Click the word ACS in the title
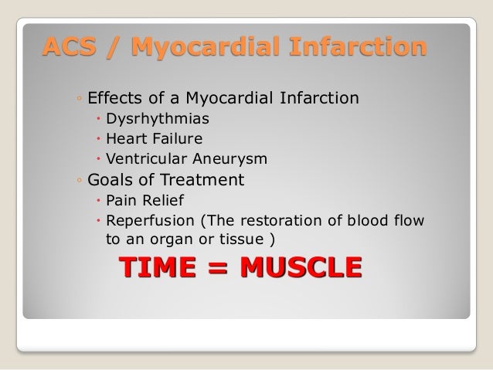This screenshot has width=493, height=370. click(64, 47)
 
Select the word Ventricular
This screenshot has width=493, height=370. click(144, 159)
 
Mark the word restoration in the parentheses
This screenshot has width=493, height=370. click(277, 221)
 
